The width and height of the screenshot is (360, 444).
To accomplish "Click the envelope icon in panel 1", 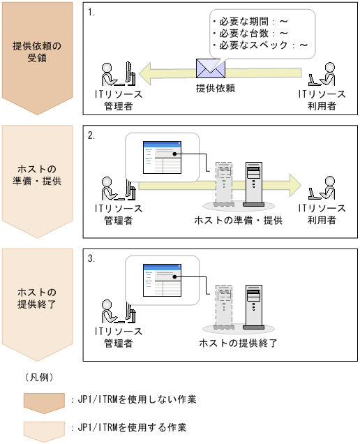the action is pos(211,68).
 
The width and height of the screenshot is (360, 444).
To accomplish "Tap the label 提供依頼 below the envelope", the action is pos(216,88).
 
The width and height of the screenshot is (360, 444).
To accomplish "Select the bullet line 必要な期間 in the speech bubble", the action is pos(250,22).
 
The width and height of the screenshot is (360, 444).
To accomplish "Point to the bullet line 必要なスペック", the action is pos(260,45).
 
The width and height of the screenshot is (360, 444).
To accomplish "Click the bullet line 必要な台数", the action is pos(250,34).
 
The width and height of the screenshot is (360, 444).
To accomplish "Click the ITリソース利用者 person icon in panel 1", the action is pos(322,74).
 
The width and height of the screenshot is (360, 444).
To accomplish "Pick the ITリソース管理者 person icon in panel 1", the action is pos(119,73).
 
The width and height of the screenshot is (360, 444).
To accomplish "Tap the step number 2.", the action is pos(91,135).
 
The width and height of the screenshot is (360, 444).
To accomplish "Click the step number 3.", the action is pos(91,258).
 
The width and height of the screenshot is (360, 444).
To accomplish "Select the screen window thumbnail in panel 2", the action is pos(162,157).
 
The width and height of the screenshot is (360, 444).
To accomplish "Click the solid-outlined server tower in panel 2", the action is pos(253,184).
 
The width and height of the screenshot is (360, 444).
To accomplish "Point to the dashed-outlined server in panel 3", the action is pos(224,307).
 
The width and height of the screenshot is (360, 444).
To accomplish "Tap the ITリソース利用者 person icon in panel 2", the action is pos(322,188).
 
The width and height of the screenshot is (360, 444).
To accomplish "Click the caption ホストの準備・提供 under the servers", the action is pos(239,221).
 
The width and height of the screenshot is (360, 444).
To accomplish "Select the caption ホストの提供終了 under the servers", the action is pos(238,343).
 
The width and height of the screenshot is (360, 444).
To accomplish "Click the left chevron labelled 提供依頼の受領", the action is pos(38,58).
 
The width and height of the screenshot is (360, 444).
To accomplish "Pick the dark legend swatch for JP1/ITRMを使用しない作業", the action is pos(44,404).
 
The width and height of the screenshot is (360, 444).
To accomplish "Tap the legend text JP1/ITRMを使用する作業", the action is pos(132,427).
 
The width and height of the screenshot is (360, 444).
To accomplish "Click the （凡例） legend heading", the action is pos(39,378).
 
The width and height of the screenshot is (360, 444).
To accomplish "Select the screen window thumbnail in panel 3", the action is pos(162,280).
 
